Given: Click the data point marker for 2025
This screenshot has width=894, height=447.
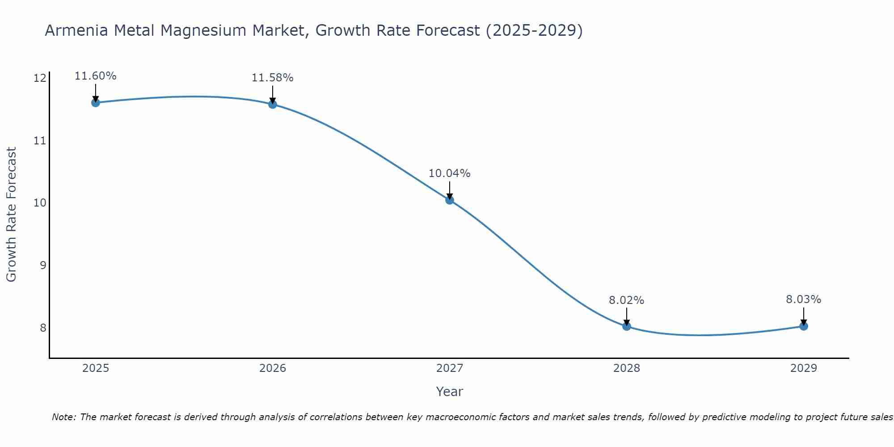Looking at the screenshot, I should (x=95, y=103).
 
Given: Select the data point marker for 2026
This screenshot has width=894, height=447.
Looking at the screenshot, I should (x=273, y=104).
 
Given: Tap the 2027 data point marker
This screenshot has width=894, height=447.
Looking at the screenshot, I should (x=450, y=200).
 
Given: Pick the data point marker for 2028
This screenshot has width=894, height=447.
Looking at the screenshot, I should (x=627, y=326).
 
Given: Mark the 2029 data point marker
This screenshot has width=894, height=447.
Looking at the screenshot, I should (x=804, y=326).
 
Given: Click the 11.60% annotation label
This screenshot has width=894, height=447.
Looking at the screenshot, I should (x=95, y=76).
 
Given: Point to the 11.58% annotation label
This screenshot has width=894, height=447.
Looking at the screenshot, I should (x=272, y=78).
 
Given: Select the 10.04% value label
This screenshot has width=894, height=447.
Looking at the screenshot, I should (x=449, y=173).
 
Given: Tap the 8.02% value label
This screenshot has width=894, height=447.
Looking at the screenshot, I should (x=626, y=300).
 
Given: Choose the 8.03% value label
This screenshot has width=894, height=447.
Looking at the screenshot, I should (x=803, y=299).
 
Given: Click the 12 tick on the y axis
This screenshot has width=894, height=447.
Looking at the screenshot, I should (x=40, y=79).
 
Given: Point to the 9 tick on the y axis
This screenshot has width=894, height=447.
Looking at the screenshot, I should (x=43, y=266).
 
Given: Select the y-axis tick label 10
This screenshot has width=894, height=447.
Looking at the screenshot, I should (x=40, y=203).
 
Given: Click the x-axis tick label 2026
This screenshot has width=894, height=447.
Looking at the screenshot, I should (x=273, y=368).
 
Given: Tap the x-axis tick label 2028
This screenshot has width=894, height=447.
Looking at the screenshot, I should (x=627, y=368).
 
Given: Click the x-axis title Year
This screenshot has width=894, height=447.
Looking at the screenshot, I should (x=449, y=392).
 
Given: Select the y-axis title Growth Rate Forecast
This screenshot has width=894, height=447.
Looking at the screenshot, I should (x=11, y=215).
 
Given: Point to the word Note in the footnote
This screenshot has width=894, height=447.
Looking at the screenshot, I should (x=64, y=417).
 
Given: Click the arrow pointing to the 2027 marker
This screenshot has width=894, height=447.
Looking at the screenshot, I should (x=450, y=190).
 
